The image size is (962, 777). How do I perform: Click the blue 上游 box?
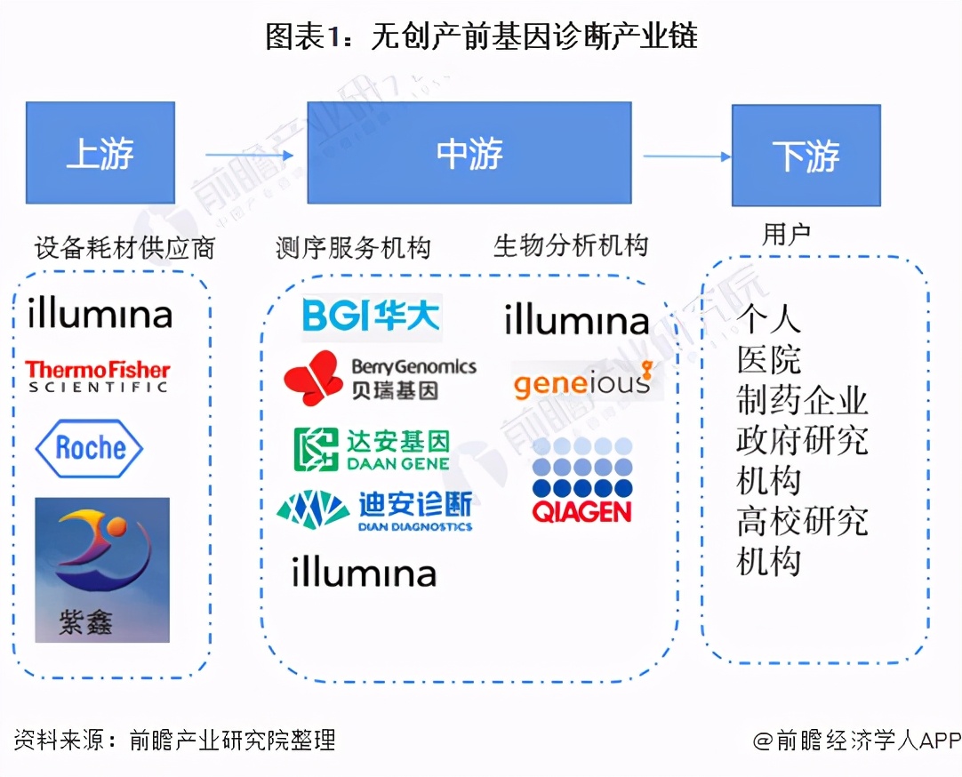tap(100, 153)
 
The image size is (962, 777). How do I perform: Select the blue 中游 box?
tap(469, 153)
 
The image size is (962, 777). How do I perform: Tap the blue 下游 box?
tap(806, 156)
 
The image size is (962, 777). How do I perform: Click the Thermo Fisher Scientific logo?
tap(97, 376)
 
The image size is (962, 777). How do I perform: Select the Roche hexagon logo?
tap(89, 447)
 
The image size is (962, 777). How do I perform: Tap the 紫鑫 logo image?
tap(101, 569)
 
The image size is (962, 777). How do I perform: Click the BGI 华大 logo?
tap(371, 316)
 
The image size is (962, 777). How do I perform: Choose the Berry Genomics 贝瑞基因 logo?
tap(380, 378)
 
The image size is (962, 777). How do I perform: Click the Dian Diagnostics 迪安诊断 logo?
tap(374, 511)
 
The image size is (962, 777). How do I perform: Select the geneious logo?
tap(582, 382)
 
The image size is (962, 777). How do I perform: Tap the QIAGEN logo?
tap(581, 480)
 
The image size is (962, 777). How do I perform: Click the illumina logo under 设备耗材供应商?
tap(100, 313)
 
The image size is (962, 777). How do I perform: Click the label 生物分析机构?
tap(571, 246)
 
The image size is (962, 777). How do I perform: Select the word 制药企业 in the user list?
tap(802, 401)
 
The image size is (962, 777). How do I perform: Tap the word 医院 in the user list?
tap(769, 360)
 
